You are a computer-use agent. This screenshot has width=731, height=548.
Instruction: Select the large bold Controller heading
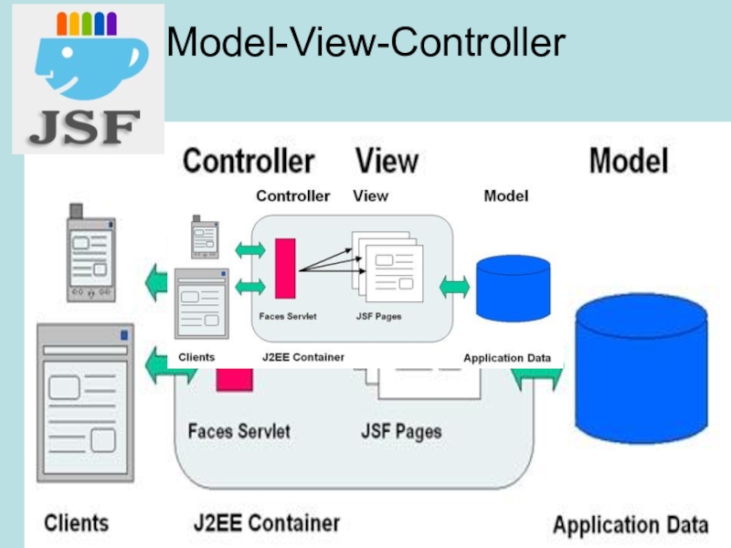[x=249, y=162]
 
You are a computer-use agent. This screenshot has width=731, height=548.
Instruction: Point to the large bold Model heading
[x=629, y=162]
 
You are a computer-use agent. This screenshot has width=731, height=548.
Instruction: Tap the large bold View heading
[x=387, y=162]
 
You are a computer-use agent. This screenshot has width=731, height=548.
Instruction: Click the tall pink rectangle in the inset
[x=285, y=267]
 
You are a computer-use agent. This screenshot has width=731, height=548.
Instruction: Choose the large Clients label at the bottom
[x=77, y=523]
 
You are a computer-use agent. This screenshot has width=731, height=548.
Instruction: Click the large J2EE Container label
[x=266, y=524]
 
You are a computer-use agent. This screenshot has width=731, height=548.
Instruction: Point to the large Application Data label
[x=630, y=526]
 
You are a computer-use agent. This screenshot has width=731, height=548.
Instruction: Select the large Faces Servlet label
[x=238, y=430]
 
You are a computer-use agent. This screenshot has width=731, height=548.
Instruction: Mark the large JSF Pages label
[x=401, y=430]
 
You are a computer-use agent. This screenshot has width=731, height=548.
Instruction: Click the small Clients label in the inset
[x=196, y=357]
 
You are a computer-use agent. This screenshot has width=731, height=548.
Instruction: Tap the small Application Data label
[x=507, y=358]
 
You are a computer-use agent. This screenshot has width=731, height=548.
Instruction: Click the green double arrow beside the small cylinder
[x=454, y=286]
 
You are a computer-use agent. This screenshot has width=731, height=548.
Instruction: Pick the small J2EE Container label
[x=302, y=357]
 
